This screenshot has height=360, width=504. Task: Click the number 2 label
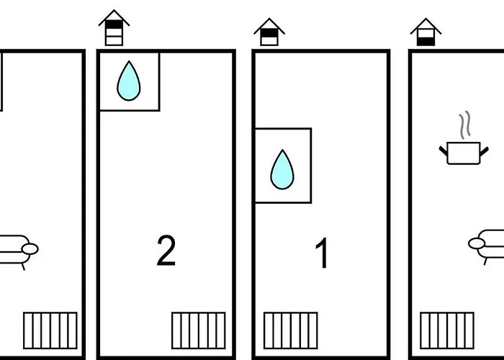pyautogui.click(x=166, y=251)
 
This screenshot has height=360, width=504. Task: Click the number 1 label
pyautogui.click(x=322, y=253)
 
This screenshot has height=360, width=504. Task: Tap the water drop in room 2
pyautogui.click(x=129, y=81)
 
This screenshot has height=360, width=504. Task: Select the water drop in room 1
pyautogui.click(x=282, y=170)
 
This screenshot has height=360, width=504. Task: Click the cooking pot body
pyautogui.click(x=464, y=153)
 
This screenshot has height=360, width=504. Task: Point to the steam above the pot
pyautogui.click(x=465, y=125)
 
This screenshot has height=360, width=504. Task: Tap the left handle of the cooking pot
pyautogui.click(x=444, y=151)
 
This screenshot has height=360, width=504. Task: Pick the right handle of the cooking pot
pyautogui.click(x=485, y=152)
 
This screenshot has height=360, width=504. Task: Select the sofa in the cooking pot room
pyautogui.click(x=486, y=247)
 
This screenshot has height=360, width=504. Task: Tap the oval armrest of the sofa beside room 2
pyautogui.click(x=30, y=249)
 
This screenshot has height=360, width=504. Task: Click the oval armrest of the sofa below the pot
pyautogui.click(x=477, y=243)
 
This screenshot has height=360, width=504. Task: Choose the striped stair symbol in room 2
pyautogui.click(x=199, y=330)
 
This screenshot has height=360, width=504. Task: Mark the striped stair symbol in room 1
pyautogui.click(x=291, y=330)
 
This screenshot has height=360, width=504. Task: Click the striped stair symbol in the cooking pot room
pyautogui.click(x=447, y=330)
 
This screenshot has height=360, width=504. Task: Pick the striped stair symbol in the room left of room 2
pyautogui.click(x=50, y=330)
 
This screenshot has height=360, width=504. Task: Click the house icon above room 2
pyautogui.click(x=114, y=27)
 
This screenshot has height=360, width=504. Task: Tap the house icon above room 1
pyautogui.click(x=269, y=32)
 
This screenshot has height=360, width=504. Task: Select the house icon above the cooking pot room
pyautogui.click(x=426, y=32)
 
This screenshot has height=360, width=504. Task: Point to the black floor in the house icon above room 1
pyautogui.click(x=269, y=33)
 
